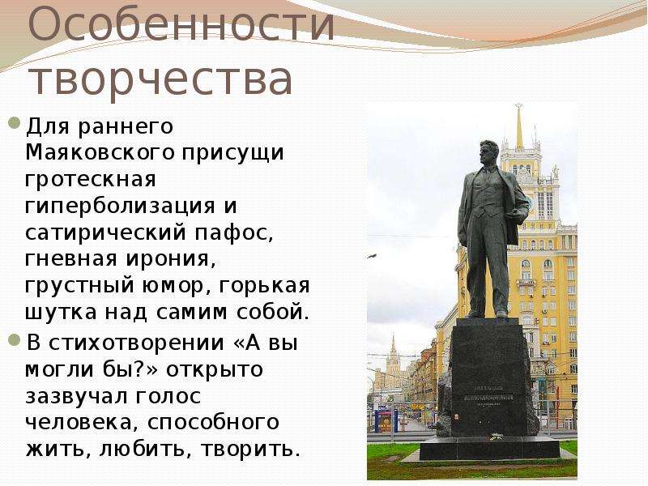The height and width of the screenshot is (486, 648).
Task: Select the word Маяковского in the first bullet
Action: pos(100,152)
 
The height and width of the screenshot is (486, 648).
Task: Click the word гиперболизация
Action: pos(120,207)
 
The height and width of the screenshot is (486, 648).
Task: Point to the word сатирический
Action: pos(106,233)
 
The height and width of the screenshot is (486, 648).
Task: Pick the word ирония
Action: pos(171,259)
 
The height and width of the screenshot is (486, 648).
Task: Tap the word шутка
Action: pos(62,313)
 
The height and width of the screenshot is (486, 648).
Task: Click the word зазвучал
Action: pos(76,397)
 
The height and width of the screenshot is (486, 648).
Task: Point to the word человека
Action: pos(80,423)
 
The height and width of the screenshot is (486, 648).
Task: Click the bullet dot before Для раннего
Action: pos(15,123)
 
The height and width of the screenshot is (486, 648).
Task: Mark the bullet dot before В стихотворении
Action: pos(15,340)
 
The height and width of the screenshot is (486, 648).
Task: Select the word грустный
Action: pos(79,287)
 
